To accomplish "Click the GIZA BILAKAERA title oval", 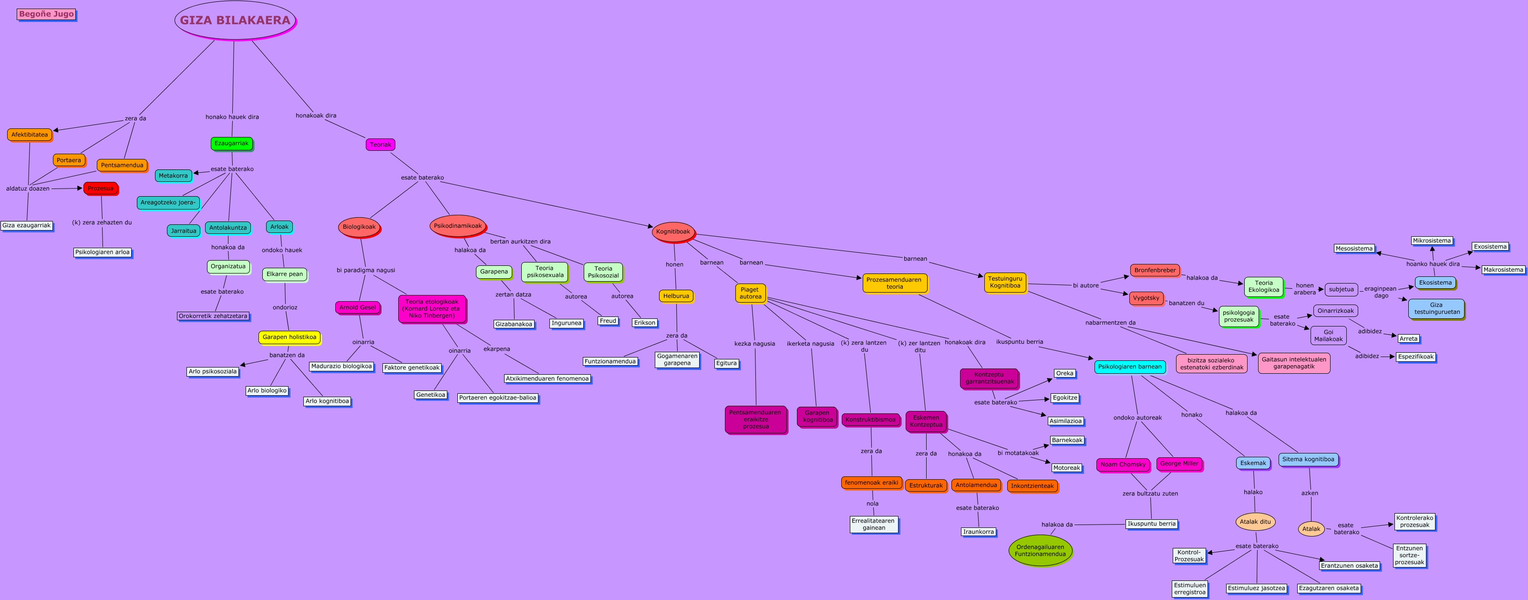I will pyautogui.click(x=235, y=20).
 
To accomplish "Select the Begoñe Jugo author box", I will pyautogui.click(x=46, y=14).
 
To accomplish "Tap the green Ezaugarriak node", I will pyautogui.click(x=231, y=144).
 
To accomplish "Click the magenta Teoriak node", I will pyautogui.click(x=380, y=145).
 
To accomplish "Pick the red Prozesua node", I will pyautogui.click(x=100, y=189).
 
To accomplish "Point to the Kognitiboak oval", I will pyautogui.click(x=672, y=232).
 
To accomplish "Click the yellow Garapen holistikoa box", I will pyautogui.click(x=289, y=337).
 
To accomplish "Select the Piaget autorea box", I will pyautogui.click(x=750, y=293).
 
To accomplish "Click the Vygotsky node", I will pyautogui.click(x=1146, y=298).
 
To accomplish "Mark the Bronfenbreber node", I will pyautogui.click(x=1154, y=271).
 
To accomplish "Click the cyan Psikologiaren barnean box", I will pyautogui.click(x=1129, y=367).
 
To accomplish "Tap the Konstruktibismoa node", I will pyautogui.click(x=870, y=420).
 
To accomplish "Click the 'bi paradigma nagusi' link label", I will pyautogui.click(x=365, y=271).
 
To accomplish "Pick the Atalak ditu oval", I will pyautogui.click(x=1255, y=522).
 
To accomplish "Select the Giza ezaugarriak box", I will pyautogui.click(x=27, y=225).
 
